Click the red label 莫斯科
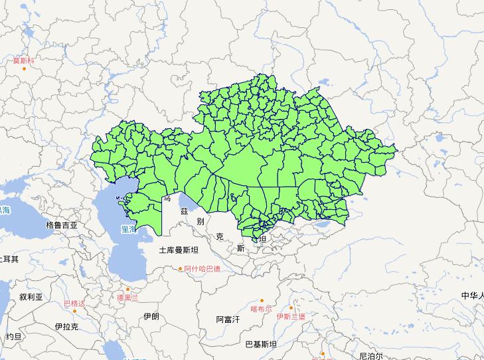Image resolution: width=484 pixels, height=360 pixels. pos(23,60)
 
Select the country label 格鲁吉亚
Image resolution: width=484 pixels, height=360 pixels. pos(62,225)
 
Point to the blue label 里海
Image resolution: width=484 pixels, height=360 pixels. pos(128,229)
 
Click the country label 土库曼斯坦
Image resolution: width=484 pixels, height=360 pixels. pos(179,250)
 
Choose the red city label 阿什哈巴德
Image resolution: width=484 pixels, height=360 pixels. pos(202,269)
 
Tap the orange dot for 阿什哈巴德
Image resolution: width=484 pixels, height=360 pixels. pos(180,269)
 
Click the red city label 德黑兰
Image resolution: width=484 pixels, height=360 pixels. pos(128,297)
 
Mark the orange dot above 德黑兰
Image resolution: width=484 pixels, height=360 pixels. pos(128,289)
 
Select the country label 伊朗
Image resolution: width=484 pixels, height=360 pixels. pos(151,317)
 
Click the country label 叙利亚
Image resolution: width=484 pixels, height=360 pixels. pos(31,297)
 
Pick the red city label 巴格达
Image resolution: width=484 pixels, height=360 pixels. pos(74,304)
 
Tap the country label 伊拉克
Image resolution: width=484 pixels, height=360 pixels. pos(67,326)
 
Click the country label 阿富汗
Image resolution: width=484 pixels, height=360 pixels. pos(228,319)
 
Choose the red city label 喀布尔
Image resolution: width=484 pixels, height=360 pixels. pos(261,309)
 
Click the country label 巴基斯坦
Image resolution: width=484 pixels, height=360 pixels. pos(261,344)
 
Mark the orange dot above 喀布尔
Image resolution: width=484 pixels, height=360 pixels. pos(262,301)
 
